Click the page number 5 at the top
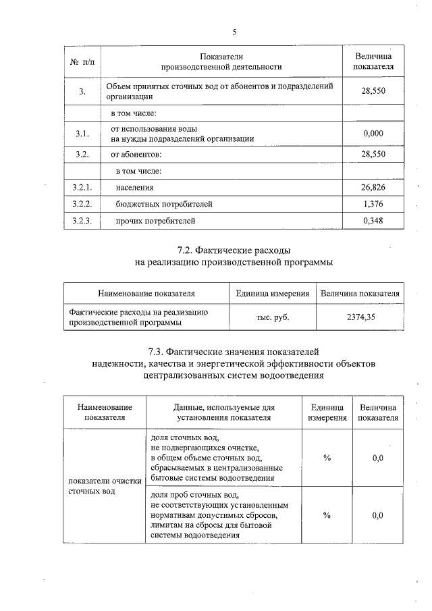pyautogui.click(x=235, y=32)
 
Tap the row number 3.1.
pyautogui.click(x=83, y=134)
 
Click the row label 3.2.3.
pyautogui.click(x=83, y=220)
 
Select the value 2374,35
pyautogui.click(x=360, y=317)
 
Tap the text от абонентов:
pyautogui.click(x=136, y=155)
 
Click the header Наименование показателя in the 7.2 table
pyautogui.click(x=146, y=294)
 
